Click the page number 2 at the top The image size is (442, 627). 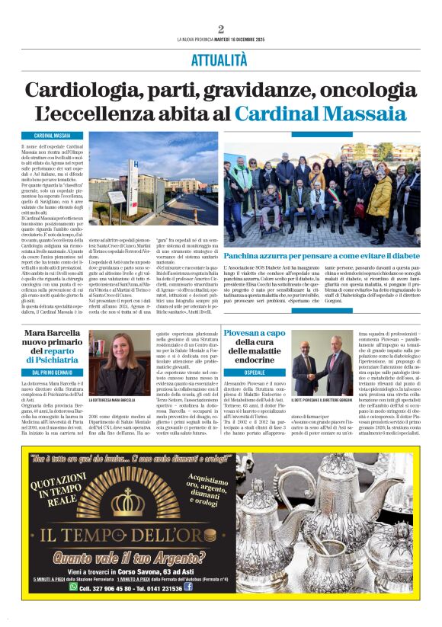click(x=221, y=30)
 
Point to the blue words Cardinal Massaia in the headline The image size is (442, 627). click(x=320, y=114)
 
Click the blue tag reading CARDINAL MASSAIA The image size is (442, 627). click(x=53, y=135)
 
